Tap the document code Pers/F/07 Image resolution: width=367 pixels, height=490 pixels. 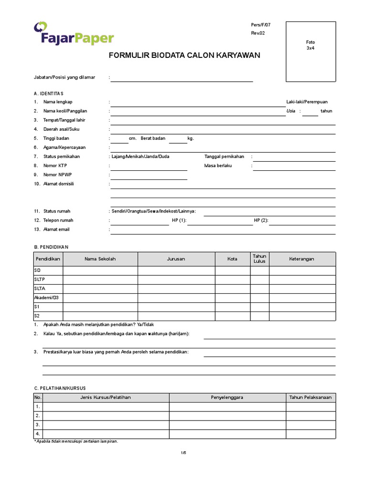point(261,24)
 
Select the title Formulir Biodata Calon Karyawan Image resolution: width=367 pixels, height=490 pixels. point(184,55)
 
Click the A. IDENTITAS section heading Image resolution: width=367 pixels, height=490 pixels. point(48,93)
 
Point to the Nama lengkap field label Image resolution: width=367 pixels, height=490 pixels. point(57,102)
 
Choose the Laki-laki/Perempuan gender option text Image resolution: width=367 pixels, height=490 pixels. point(307,102)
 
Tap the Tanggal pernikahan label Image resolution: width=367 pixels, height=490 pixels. point(224,156)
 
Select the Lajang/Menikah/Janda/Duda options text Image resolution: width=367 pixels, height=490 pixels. point(140,156)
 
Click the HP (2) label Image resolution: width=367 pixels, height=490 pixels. point(261,221)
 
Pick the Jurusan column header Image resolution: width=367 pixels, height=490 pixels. point(176,259)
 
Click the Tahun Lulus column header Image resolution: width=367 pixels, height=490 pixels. point(259,259)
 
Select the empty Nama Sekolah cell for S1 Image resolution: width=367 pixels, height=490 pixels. point(100,307)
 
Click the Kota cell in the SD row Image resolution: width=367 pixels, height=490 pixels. point(232,270)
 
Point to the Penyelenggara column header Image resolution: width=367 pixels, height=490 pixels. point(227,397)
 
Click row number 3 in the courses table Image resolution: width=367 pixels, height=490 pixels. point(38,425)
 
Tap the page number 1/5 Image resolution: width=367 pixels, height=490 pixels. point(183,452)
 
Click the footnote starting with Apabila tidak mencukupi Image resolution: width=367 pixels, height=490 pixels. point(76,441)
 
